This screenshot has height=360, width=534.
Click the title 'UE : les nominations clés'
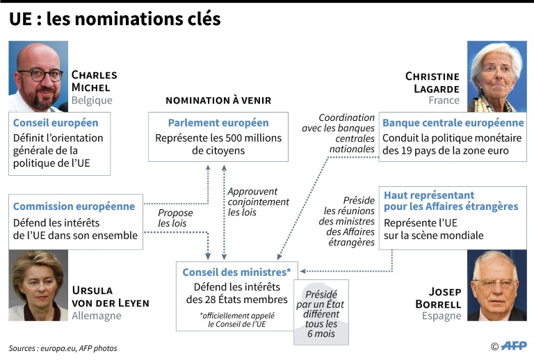[115, 19]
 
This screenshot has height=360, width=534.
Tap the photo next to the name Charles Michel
[38, 76]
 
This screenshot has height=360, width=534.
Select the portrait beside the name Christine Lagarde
[497, 76]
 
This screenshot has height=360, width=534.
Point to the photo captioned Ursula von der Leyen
[38, 285]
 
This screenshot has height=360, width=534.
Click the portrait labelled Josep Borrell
[497, 285]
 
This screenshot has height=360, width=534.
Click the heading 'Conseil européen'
[56, 122]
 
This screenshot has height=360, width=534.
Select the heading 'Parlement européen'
[218, 122]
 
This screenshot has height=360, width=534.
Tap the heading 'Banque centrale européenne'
[453, 122]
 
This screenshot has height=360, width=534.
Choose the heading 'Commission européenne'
[74, 206]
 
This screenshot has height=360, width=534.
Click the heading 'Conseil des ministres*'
[236, 272]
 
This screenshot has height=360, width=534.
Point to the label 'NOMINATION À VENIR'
[218, 100]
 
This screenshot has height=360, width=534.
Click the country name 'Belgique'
[92, 100]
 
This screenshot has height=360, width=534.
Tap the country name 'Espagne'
[442, 316]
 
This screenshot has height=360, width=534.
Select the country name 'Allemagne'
[97, 316]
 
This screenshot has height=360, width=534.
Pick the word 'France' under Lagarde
[444, 100]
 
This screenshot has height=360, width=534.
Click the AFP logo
[514, 346]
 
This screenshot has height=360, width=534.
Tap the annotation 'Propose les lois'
[175, 218]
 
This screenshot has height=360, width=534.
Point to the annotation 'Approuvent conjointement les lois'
[258, 202]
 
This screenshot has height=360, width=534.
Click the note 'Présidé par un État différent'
[321, 304]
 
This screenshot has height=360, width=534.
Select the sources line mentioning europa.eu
[63, 348]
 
